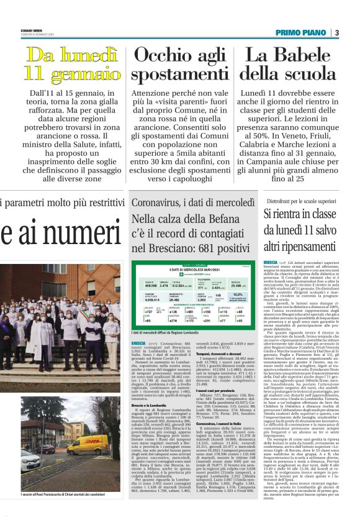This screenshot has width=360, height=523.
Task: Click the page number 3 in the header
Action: click(337, 32)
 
